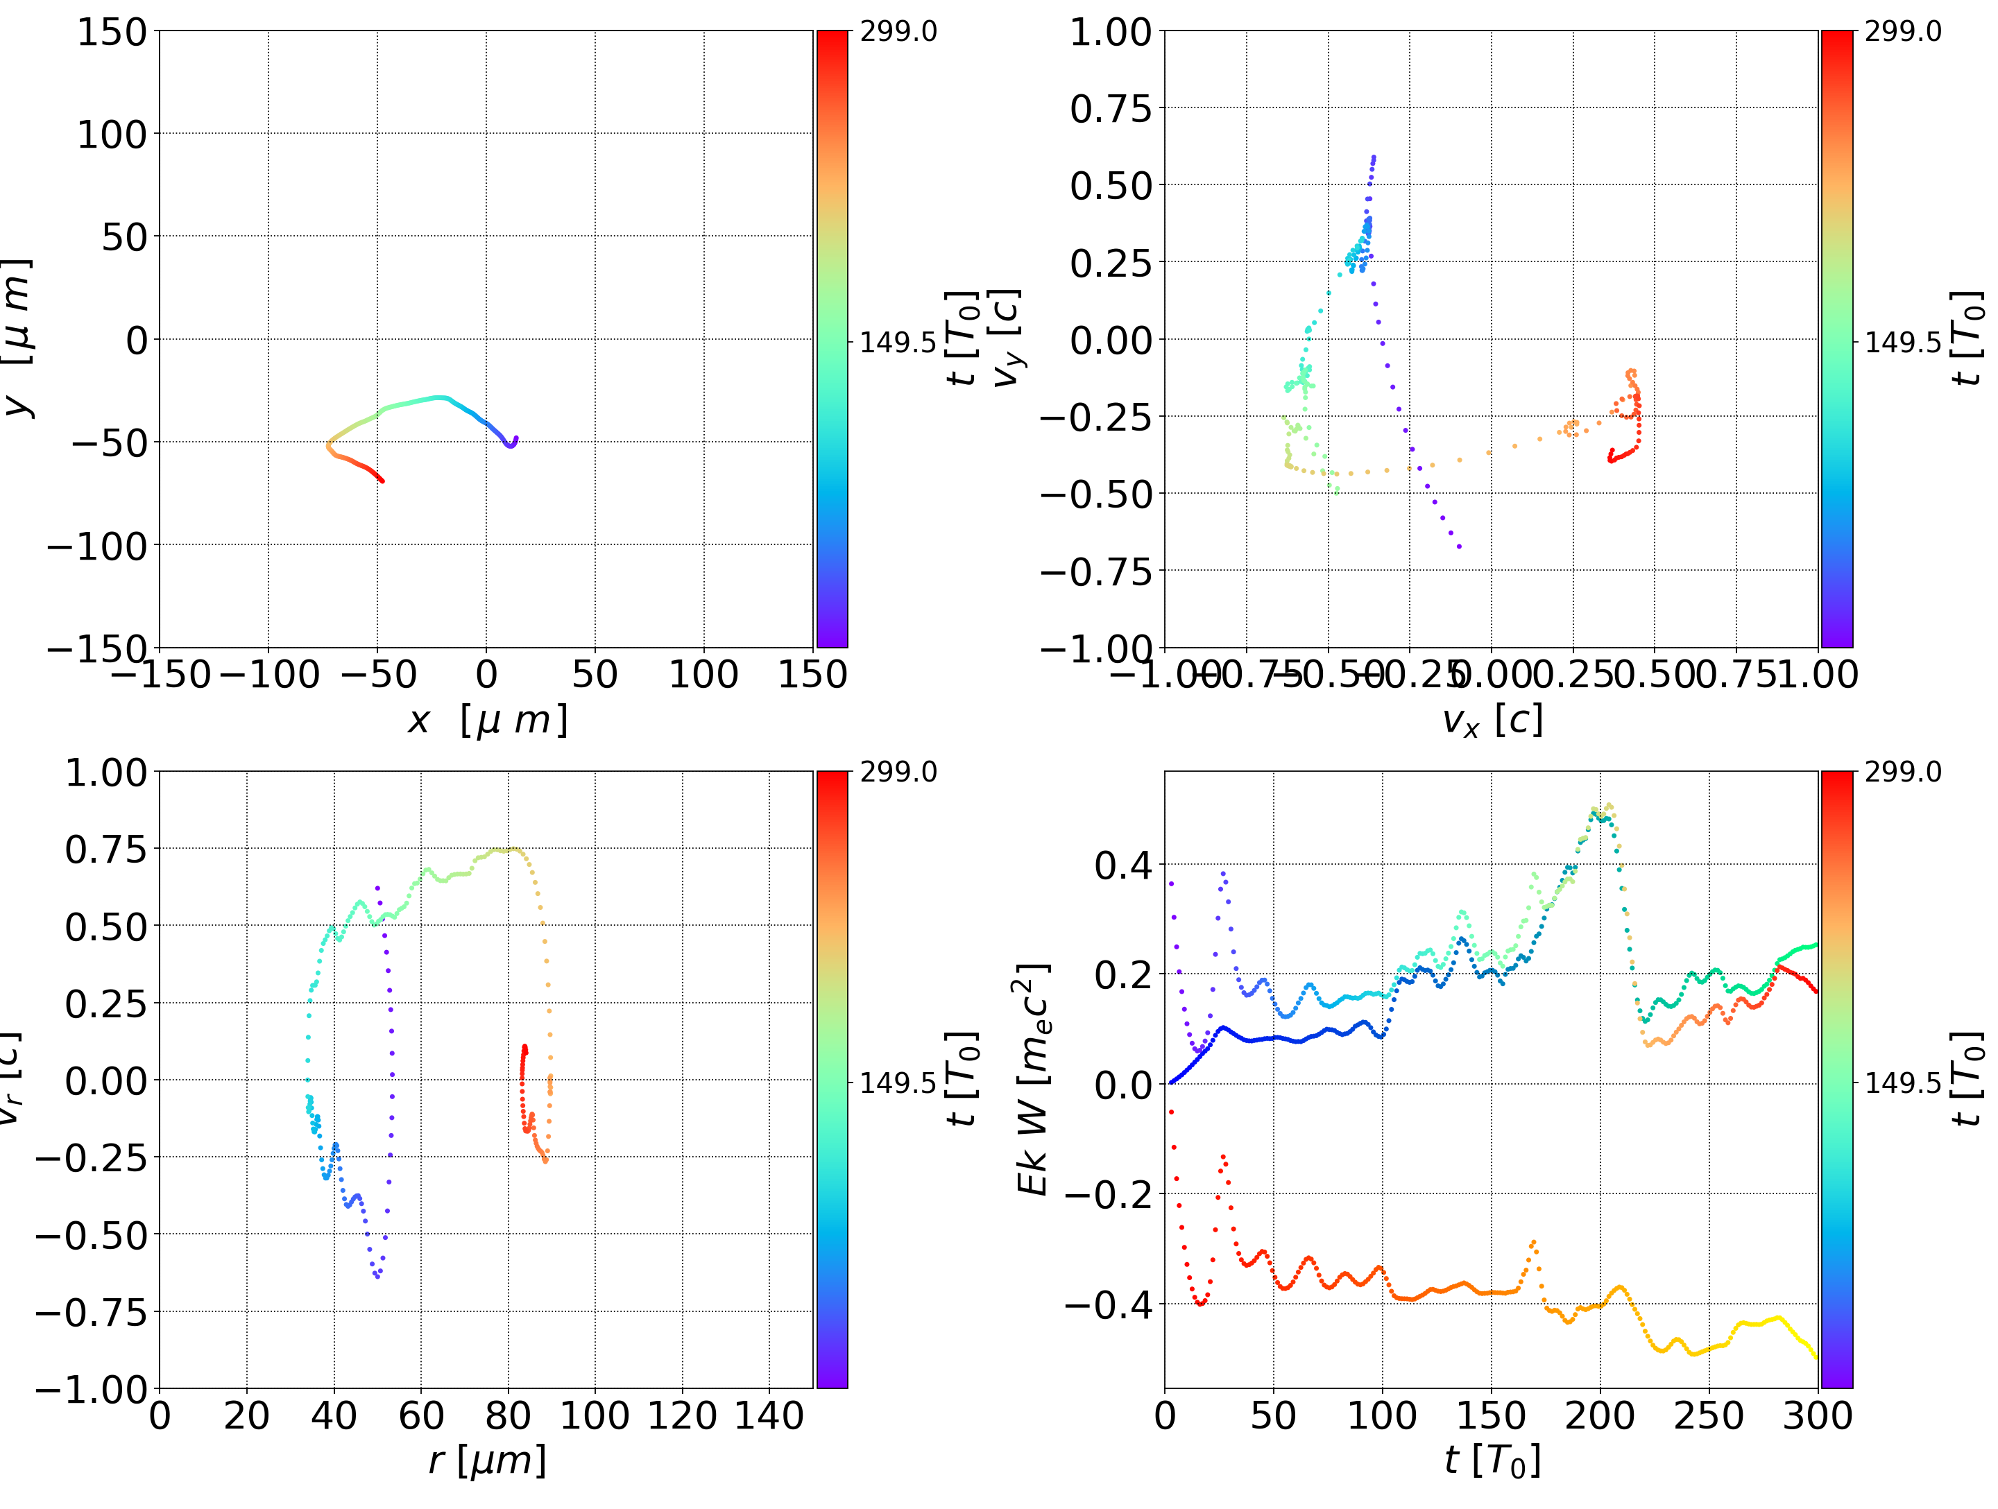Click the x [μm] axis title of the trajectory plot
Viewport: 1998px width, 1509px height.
487,721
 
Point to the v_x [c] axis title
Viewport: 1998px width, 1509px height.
1492,721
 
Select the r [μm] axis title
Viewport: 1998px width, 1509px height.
487,1461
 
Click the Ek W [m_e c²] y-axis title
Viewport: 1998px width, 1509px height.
1033,1080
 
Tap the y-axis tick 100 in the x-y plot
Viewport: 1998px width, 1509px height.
111,135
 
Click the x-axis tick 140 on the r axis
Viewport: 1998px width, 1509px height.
769,1416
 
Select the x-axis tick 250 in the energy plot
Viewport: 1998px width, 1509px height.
1708,1416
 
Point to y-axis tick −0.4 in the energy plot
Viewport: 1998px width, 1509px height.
1109,1304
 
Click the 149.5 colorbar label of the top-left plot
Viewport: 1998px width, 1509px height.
898,343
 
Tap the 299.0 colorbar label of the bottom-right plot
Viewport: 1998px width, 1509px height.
1902,772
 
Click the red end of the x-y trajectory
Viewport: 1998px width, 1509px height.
382,481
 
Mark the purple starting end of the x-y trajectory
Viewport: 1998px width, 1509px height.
515,438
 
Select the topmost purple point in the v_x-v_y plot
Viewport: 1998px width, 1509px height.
1374,157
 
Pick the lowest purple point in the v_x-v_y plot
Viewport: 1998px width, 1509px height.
1460,546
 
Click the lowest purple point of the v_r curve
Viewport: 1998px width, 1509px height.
377,1277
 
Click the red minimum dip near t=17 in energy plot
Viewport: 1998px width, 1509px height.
1200,1304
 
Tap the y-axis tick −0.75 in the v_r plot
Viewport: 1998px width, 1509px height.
90,1312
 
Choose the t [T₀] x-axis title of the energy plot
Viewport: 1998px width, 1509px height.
1492,1461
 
